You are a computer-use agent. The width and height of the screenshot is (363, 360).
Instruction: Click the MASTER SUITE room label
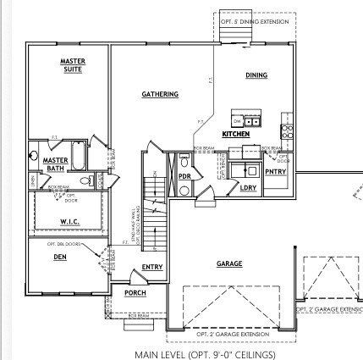71,64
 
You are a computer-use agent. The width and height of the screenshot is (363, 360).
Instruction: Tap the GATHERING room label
159,94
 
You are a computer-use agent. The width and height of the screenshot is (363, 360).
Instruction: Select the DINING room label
256,75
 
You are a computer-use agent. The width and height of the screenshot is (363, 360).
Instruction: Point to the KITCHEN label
235,134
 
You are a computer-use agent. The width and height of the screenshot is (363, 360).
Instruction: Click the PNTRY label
275,171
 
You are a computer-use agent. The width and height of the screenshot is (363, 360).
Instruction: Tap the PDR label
184,175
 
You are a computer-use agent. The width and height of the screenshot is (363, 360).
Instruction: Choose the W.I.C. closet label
69,222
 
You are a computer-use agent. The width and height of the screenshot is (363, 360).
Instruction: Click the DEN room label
59,257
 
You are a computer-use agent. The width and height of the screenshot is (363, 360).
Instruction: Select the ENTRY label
152,268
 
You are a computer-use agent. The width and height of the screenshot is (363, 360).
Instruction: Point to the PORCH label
135,293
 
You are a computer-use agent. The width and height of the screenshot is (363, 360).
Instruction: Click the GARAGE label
228,263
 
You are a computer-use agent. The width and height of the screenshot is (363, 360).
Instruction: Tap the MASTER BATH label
56,163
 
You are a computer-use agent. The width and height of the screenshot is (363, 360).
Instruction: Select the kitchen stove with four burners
286,131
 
